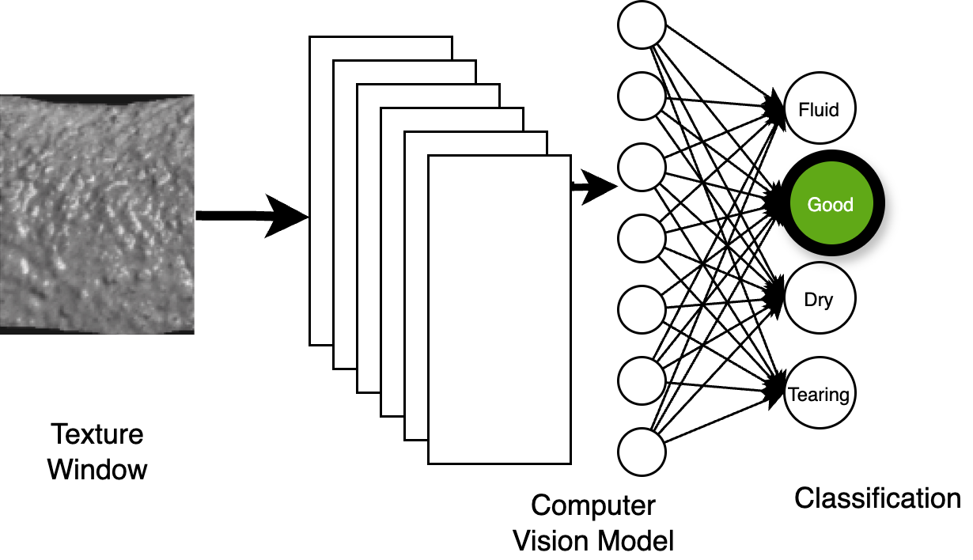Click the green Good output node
[x=830, y=205]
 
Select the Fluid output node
[x=819, y=109]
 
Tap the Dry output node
[x=819, y=300]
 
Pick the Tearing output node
[x=819, y=394]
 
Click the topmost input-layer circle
[x=642, y=24]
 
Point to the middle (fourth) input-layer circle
[x=642, y=238]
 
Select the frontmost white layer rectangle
[x=499, y=308]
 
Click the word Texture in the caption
[x=97, y=435]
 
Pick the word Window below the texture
[x=97, y=469]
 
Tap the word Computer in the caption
[x=593, y=506]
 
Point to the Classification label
[x=877, y=498]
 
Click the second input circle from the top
[x=642, y=95]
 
